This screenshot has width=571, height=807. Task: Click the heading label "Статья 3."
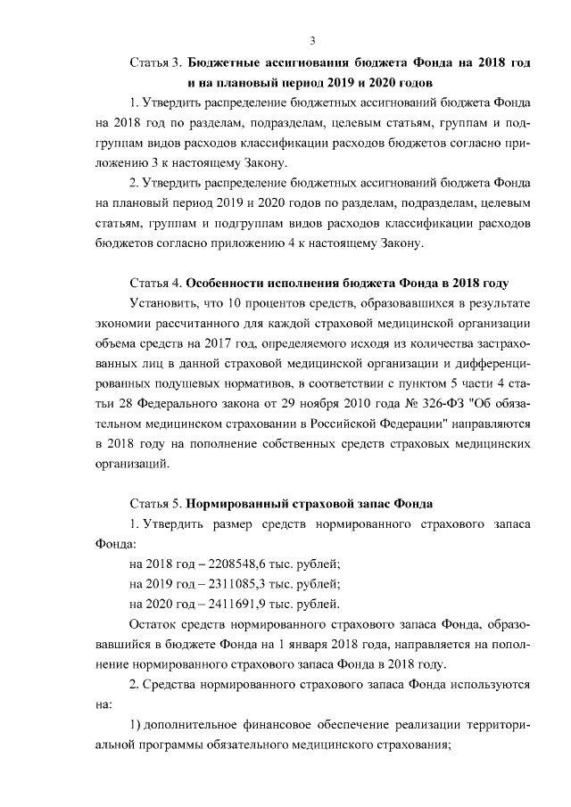[x=156, y=64]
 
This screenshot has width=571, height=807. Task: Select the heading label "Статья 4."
[x=156, y=284]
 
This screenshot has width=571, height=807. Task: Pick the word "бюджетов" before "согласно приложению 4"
[x=120, y=243]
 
